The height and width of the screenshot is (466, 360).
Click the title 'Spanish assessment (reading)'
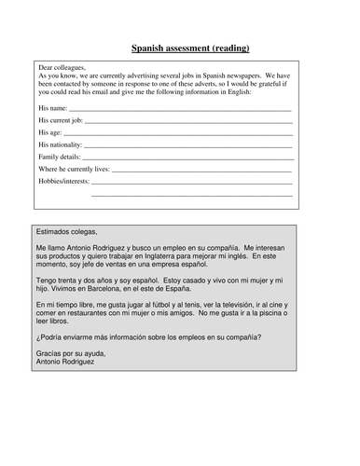(190, 47)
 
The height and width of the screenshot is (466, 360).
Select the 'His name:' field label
(53, 109)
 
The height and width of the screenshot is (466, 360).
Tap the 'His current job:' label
(62, 121)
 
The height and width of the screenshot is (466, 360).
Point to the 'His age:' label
(50, 133)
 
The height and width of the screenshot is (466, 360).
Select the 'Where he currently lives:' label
(74, 170)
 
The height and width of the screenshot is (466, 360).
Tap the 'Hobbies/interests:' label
(64, 182)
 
